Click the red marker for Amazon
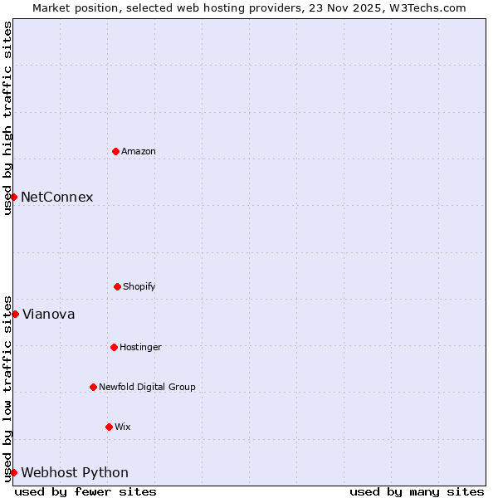tap(115, 151)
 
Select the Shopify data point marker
tap(117, 286)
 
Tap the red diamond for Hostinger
tap(114, 347)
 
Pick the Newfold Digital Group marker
tap(93, 387)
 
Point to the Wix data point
tap(109, 427)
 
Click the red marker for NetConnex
tap(14, 197)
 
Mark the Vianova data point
tap(15, 314)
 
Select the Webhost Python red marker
tap(14, 472)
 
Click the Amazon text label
tap(139, 152)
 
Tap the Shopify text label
tap(139, 287)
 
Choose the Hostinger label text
tap(140, 348)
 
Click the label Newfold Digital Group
tap(147, 388)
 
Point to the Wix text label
tap(123, 427)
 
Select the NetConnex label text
tap(57, 198)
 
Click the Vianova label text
tap(49, 315)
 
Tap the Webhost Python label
tap(75, 473)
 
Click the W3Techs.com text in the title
tap(430, 7)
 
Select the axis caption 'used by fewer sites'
tap(85, 491)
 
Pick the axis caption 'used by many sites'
tap(417, 491)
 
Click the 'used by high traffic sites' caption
tap(7, 118)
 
